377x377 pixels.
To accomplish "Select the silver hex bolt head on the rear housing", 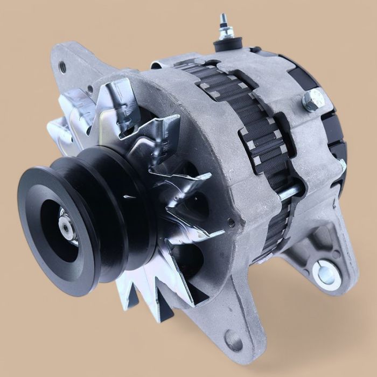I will pos(313,100).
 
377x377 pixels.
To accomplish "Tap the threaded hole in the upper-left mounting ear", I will pos(63,67).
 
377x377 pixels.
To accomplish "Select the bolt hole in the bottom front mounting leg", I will pos(233,340).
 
